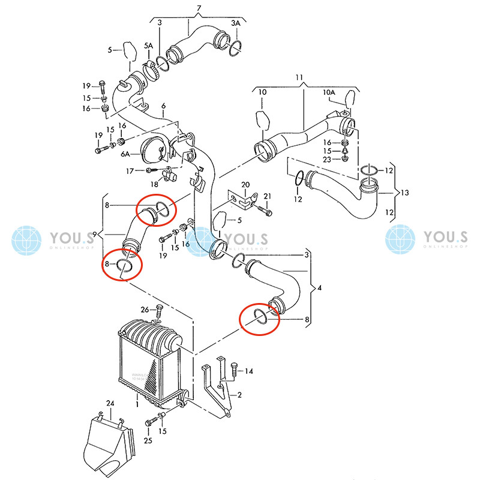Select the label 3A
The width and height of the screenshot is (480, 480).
[236, 22]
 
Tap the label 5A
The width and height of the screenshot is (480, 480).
[148, 46]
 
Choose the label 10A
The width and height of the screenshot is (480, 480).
[328, 92]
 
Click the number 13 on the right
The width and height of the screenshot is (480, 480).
[406, 193]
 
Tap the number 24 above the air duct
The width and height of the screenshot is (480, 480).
[110, 403]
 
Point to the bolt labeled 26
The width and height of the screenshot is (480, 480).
[160, 312]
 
